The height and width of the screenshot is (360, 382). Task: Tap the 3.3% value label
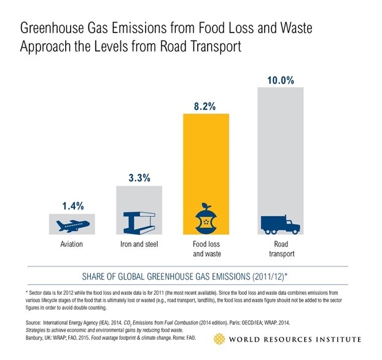pos(139,178)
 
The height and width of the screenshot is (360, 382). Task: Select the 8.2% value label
pos(206,106)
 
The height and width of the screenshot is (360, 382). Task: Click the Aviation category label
pos(70,245)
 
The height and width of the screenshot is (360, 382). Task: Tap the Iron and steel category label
pos(139,245)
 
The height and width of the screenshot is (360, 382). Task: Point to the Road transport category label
pos(281,249)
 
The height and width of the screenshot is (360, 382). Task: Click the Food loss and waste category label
pos(206,249)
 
